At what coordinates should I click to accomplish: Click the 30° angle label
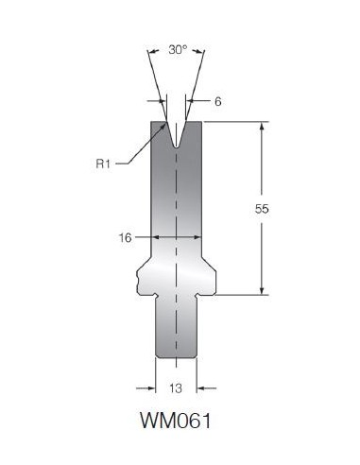178,49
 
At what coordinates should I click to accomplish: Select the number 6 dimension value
218,101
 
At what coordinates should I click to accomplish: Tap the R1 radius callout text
103,164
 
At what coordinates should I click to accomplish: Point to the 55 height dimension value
262,209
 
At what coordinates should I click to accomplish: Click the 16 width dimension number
125,237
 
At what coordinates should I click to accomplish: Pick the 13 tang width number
176,388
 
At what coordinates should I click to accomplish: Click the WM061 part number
176,421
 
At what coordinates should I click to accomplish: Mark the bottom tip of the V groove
176,146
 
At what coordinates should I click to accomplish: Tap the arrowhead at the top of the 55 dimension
262,126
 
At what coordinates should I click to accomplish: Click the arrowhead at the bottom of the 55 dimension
262,291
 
